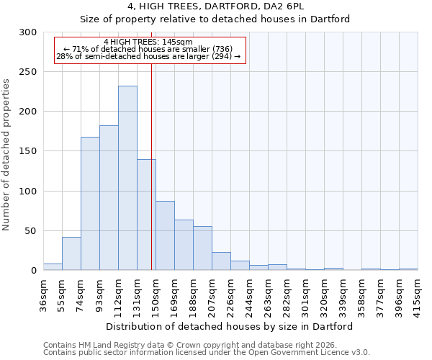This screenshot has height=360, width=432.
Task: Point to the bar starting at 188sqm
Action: [202, 248]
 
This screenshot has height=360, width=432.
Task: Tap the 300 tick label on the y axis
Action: [28, 32]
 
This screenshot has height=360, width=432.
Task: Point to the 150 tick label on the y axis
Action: [28, 152]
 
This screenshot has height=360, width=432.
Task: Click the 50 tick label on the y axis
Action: [31, 231]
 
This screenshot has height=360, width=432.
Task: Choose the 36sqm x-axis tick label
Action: [43, 295]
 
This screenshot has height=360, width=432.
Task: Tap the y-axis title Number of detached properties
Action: [7, 155]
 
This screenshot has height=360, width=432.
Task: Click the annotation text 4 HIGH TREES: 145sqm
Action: [148, 42]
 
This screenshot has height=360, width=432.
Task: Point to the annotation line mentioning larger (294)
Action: [148, 56]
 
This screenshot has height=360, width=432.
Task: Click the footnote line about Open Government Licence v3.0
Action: [207, 352]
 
